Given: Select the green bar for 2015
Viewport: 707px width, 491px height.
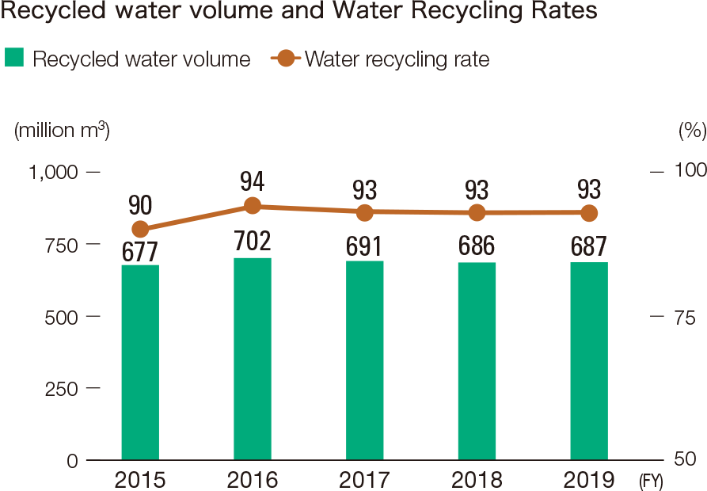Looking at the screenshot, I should coord(140,362).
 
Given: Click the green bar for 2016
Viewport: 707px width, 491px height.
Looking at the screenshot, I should coord(253,358).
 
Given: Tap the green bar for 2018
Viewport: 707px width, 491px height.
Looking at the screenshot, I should coord(477,360).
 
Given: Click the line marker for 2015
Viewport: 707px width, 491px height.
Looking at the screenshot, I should coord(140,230).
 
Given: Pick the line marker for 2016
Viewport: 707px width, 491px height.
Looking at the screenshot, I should coord(253,206).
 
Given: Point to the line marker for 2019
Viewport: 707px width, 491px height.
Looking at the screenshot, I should coord(589,213).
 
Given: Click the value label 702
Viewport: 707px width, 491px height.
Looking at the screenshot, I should coord(253,242).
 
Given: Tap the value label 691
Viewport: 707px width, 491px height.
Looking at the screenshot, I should coord(365,246).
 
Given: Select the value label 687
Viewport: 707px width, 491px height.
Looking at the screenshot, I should coord(589,246).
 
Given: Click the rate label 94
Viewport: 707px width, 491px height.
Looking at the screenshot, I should coord(253,183).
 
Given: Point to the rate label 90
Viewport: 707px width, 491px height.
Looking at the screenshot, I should coord(140,206).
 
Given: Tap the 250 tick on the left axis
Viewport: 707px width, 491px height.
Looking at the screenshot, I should coord(64,389).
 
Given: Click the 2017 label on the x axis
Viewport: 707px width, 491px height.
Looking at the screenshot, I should coord(365,480).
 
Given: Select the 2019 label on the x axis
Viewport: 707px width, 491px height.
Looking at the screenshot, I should coord(589,480).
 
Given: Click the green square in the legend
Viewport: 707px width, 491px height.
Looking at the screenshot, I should coord(15,59).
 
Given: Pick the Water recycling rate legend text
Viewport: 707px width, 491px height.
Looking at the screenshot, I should coord(397,59).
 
